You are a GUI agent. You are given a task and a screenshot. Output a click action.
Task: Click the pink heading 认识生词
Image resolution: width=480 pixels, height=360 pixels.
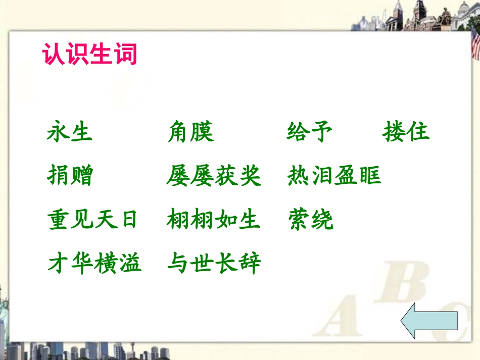point(90,55)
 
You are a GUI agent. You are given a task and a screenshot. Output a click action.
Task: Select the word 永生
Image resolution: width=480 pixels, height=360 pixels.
point(70,132)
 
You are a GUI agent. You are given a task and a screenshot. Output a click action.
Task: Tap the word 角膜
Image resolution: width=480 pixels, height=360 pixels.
point(190,132)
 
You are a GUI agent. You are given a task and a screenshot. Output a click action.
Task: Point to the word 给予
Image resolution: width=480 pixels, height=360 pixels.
point(309,132)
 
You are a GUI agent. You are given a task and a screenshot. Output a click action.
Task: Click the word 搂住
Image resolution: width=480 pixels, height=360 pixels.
point(406,132)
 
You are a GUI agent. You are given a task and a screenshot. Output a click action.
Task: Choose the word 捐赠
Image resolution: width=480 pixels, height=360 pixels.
point(70,176)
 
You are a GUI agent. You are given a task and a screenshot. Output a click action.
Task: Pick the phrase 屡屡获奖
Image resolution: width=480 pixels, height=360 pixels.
point(214,176)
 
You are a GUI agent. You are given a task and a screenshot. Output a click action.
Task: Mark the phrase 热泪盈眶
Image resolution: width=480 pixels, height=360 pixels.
point(334,176)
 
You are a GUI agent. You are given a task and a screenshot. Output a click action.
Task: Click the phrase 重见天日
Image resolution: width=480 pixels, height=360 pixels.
point(93,220)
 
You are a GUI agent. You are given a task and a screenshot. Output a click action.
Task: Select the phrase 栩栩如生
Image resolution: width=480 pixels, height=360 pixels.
point(214,220)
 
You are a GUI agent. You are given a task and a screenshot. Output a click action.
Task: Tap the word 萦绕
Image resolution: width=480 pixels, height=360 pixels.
point(310,220)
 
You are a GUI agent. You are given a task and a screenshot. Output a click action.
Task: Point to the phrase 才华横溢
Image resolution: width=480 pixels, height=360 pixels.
point(94,263)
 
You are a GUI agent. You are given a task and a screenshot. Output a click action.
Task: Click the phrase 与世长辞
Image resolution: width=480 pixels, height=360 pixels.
point(214,263)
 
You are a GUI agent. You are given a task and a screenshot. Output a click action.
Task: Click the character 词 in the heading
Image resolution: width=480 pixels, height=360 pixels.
point(126,55)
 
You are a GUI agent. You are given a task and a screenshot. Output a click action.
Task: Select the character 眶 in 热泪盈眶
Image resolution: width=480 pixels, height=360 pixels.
point(370,176)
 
